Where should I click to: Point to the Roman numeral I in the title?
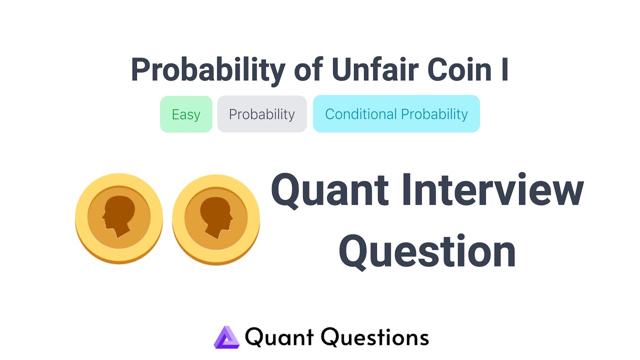click(504, 70)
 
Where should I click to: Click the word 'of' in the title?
click(309, 70)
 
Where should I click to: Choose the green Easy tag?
click(186, 114)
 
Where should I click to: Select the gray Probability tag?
click(262, 114)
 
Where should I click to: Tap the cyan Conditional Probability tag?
click(396, 114)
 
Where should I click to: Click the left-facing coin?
click(119, 218)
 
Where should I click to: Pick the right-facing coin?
click(216, 218)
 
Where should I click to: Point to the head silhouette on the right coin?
click(217, 216)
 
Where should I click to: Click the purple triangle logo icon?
click(226, 337)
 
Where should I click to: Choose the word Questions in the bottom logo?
click(375, 337)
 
